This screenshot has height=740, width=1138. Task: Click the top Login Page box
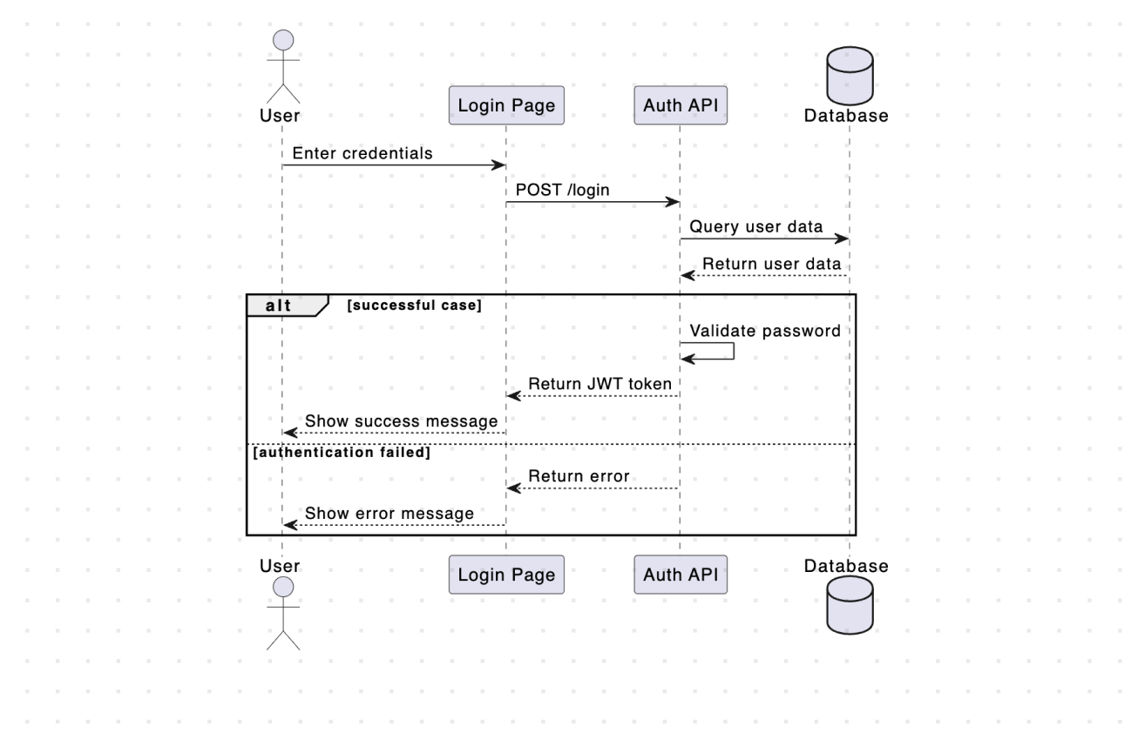click(x=506, y=105)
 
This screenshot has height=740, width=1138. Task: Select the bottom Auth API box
click(x=680, y=575)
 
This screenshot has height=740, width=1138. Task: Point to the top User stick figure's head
click(x=282, y=40)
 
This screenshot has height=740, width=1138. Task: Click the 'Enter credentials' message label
click(x=362, y=153)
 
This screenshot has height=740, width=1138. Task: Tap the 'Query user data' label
click(x=756, y=227)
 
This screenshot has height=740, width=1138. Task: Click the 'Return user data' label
click(x=771, y=264)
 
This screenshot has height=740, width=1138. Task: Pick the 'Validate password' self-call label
click(x=765, y=331)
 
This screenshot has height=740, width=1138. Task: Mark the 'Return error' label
click(x=579, y=476)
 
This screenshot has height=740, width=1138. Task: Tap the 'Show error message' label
click(x=389, y=514)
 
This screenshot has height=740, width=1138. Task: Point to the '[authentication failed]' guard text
click(x=342, y=453)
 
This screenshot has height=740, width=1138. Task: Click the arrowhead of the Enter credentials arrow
click(x=500, y=165)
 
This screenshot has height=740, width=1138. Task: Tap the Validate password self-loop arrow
click(x=734, y=350)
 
